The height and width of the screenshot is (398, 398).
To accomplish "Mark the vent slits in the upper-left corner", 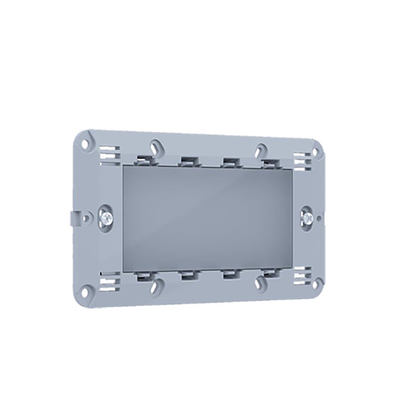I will (x=108, y=155).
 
